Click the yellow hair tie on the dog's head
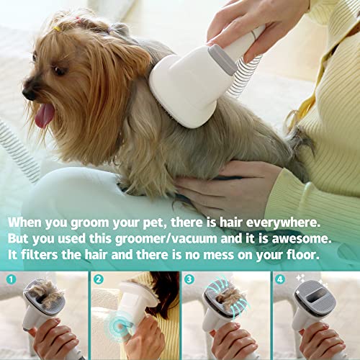coord(57,28)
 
